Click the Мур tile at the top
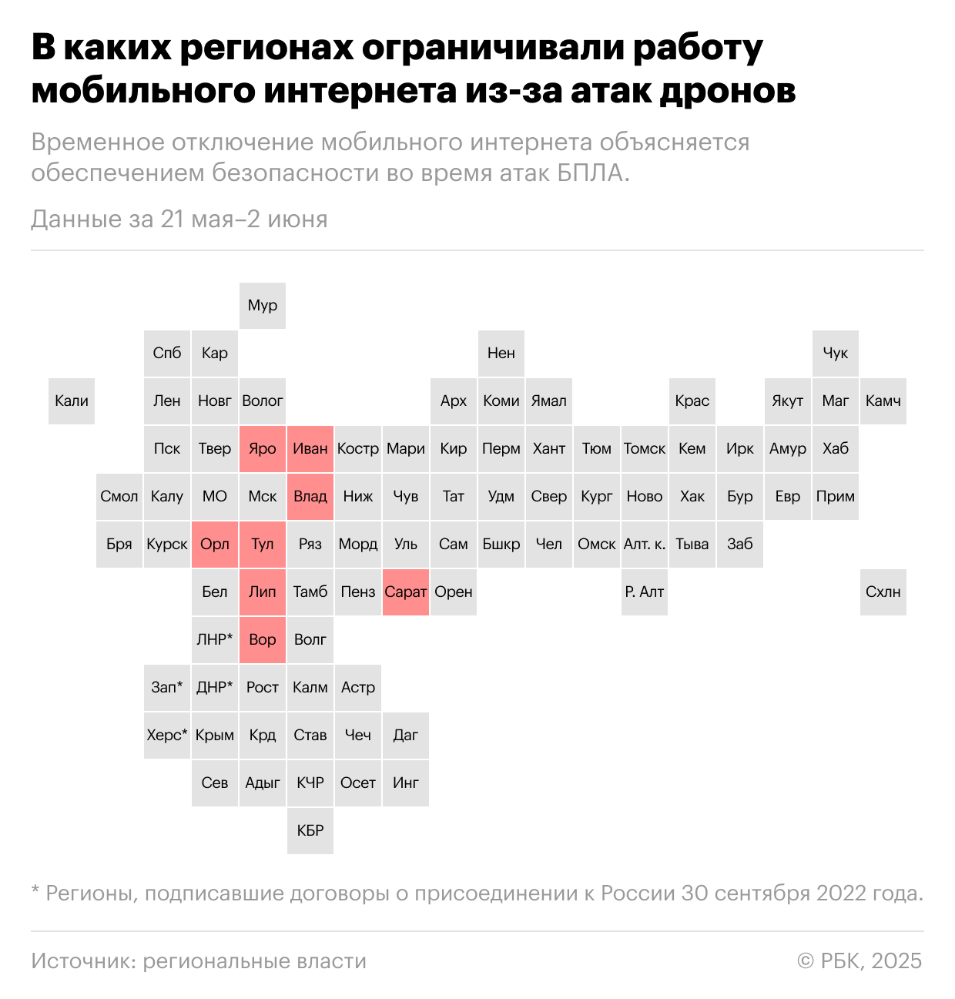(x=263, y=306)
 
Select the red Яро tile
(x=263, y=449)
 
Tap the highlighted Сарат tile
(x=406, y=592)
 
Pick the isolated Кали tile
(x=72, y=401)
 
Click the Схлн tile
(x=883, y=592)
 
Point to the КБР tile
(x=310, y=831)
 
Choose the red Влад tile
(x=310, y=497)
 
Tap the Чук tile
(x=836, y=354)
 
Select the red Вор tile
(x=263, y=640)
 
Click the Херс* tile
(x=167, y=736)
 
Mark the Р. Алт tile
(x=645, y=592)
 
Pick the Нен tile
(x=501, y=354)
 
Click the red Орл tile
(x=215, y=545)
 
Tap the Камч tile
(x=883, y=401)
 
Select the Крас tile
(x=692, y=401)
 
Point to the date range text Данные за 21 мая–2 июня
(x=179, y=220)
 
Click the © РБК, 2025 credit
(x=859, y=961)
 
